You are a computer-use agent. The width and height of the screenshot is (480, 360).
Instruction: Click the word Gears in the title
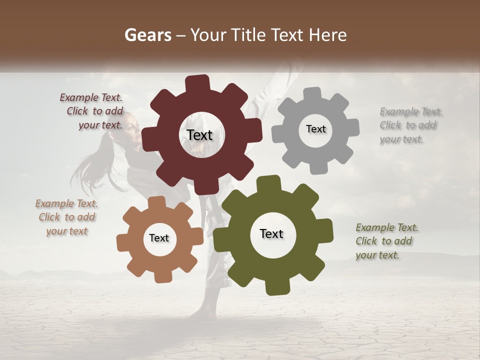click(147, 35)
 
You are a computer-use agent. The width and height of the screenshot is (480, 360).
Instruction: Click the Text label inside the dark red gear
click(199, 135)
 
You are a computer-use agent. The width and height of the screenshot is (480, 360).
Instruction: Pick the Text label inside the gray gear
click(315, 129)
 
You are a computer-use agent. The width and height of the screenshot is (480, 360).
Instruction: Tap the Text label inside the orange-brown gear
click(159, 238)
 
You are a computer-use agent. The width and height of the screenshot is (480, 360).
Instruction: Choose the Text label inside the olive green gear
click(271, 233)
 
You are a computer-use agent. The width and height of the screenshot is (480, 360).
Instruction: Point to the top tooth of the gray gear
click(312, 94)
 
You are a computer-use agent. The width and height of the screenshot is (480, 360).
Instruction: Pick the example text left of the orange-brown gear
click(66, 217)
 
